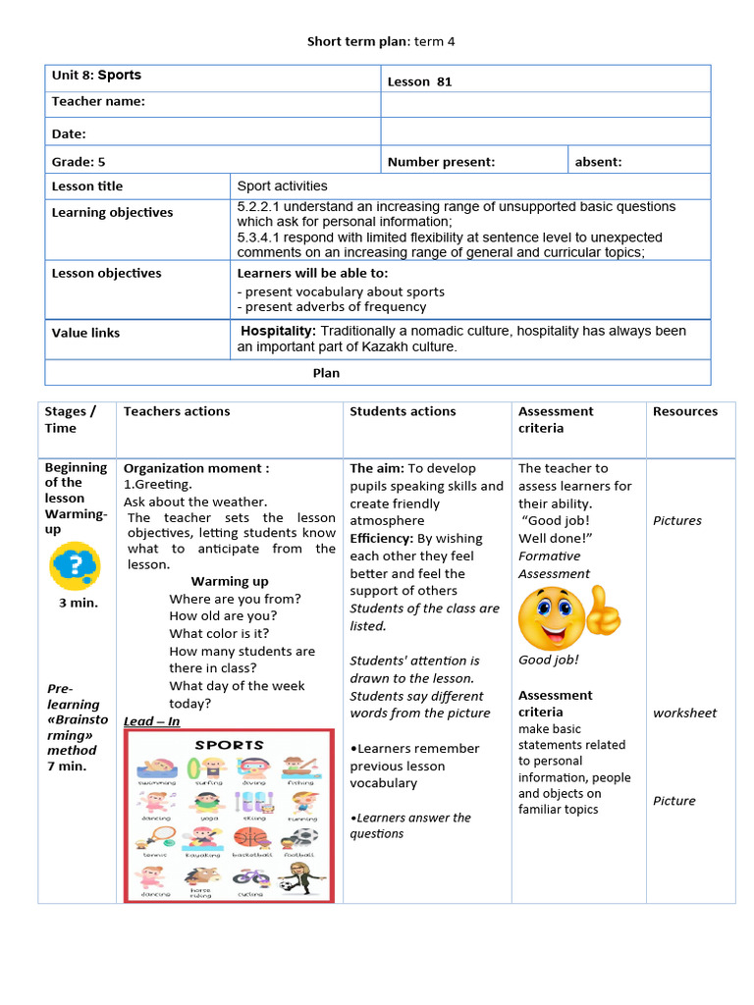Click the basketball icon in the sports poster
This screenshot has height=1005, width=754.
[250, 837]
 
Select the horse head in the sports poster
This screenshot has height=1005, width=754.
[202, 875]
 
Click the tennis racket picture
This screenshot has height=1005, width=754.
[157, 837]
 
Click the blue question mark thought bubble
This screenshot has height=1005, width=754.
[76, 566]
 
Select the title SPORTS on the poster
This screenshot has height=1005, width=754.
[228, 745]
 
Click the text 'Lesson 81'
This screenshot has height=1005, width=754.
[419, 81]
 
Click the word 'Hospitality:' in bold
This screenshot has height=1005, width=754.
[278, 331]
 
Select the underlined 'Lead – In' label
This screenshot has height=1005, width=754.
[151, 721]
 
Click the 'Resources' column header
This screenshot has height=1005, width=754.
[684, 411]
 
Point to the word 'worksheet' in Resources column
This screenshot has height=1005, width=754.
[684, 713]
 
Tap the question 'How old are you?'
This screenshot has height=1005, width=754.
[223, 616]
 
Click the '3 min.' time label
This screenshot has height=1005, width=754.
[78, 603]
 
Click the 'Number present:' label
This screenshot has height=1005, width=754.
[441, 162]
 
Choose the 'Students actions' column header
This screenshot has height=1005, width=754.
[403, 411]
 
